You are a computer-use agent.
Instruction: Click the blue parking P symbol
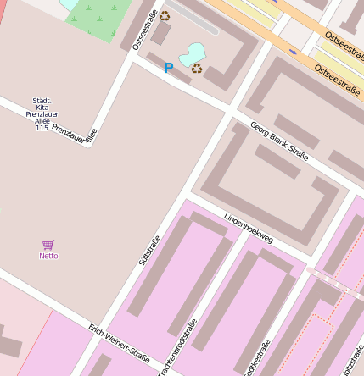click(168, 68)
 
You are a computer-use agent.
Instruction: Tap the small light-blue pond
click(193, 53)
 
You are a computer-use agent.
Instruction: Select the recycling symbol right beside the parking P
click(196, 69)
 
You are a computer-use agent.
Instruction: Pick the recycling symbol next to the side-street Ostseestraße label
click(164, 15)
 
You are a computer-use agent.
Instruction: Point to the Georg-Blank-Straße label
click(279, 141)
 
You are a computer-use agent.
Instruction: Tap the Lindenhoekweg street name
click(248, 228)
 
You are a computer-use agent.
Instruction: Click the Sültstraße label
click(149, 251)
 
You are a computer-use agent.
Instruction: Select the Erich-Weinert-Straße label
click(119, 344)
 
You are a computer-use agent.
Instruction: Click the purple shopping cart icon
click(48, 245)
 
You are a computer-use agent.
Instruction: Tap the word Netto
click(48, 256)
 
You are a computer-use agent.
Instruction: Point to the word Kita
click(42, 107)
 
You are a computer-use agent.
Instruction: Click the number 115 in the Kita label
click(42, 127)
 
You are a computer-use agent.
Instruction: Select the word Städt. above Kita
click(42, 100)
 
